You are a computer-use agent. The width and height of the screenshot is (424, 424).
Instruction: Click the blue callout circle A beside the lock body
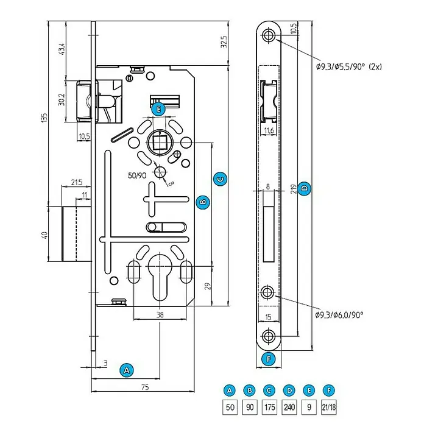[x=127, y=370]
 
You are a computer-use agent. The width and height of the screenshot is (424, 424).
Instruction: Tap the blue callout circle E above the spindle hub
[x=158, y=109]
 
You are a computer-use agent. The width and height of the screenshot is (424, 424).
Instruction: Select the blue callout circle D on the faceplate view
[x=304, y=188]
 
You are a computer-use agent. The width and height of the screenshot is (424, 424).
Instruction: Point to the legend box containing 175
[x=270, y=407]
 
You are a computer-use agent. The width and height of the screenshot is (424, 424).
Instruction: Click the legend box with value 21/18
[x=328, y=407]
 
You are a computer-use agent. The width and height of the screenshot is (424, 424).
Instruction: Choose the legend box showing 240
[x=289, y=407]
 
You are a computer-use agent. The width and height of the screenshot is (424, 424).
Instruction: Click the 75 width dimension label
[x=145, y=387]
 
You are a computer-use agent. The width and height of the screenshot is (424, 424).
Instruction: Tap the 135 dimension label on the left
[x=44, y=118]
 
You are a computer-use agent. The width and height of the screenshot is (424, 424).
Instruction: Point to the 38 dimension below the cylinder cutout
[x=160, y=314]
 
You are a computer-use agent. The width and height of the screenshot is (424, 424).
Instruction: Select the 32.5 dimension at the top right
[x=224, y=41]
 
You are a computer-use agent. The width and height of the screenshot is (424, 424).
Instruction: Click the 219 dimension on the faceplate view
[x=294, y=189]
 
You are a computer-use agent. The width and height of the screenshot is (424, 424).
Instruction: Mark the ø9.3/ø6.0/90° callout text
[x=339, y=315]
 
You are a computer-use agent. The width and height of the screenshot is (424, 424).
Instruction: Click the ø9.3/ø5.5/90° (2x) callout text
[x=349, y=66]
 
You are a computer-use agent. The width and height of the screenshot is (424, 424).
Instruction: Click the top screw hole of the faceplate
[x=268, y=35]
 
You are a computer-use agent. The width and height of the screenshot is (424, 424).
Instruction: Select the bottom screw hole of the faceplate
[x=268, y=336]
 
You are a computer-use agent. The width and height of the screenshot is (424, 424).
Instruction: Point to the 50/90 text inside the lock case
[x=137, y=175]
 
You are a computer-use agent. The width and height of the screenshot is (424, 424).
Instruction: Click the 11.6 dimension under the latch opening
[x=269, y=130]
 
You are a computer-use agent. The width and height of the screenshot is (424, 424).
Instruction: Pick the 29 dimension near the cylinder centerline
[x=208, y=286]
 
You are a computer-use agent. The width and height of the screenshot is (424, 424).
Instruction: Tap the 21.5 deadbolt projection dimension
[x=77, y=182]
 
